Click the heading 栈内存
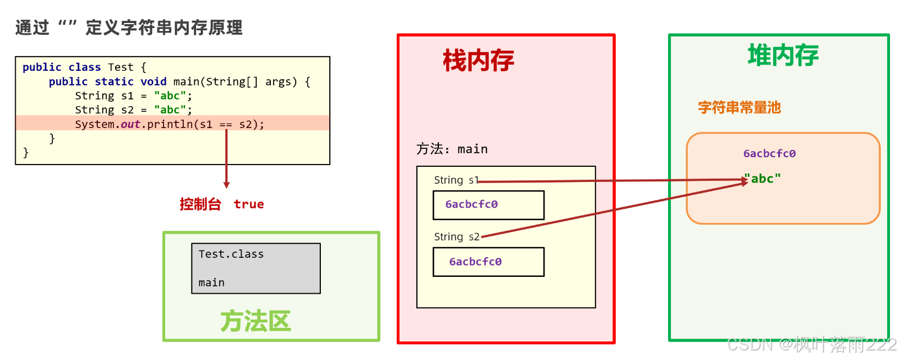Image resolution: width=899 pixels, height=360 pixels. [478, 61]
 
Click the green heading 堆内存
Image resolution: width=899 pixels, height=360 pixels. [783, 56]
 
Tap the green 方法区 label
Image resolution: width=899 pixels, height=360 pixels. [255, 321]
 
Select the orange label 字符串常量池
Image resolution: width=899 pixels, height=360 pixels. [739, 107]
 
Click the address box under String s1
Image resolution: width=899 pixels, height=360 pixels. [488, 205]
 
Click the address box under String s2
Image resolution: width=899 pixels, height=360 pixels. [488, 262]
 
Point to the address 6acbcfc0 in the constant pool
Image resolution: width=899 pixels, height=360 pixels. [769, 153]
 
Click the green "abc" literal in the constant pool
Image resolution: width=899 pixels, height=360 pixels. [764, 179]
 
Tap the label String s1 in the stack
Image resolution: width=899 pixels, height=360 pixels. [456, 180]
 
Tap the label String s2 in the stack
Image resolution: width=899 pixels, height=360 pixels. [456, 237]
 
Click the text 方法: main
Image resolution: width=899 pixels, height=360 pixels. [452, 149]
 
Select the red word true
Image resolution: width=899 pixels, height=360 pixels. [249, 204]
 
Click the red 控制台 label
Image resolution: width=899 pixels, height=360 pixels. [200, 204]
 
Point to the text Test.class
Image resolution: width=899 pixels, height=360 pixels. [231, 254]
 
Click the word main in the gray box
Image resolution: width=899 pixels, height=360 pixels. [211, 282]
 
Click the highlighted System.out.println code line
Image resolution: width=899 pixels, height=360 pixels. [169, 124]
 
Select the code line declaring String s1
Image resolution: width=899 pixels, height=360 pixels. [133, 96]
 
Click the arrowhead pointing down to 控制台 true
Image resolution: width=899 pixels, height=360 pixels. [226, 185]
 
